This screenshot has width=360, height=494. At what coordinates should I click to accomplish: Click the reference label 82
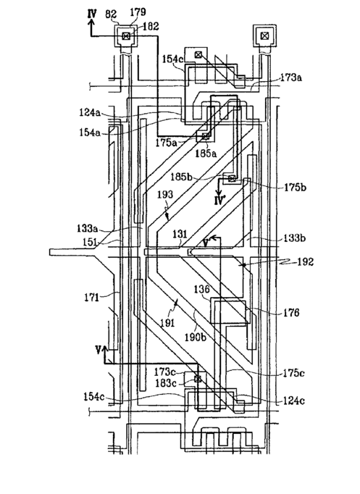coord(112,14)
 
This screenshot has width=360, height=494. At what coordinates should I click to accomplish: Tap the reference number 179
coord(138,12)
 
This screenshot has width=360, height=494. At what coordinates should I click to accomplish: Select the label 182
coord(151,26)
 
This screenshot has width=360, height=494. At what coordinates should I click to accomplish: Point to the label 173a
coord(290,78)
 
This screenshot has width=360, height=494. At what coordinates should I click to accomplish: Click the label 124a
coord(90,112)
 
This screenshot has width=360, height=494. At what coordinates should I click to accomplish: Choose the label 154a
coord(90,132)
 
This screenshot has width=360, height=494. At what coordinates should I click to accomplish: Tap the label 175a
coord(166,143)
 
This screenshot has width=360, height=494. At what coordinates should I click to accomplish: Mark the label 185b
coord(181,177)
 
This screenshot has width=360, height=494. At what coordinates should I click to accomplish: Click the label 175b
coord(295,187)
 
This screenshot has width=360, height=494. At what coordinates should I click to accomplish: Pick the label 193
coord(164,194)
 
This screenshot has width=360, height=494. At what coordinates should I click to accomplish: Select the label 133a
coord(87,228)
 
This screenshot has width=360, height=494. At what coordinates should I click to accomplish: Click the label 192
coord(306,261)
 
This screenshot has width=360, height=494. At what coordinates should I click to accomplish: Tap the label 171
coord(92,297)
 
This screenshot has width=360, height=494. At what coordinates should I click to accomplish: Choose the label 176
coord(291,312)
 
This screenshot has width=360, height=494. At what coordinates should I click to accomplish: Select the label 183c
coord(166,383)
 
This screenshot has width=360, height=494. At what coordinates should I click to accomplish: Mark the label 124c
coord(294,401)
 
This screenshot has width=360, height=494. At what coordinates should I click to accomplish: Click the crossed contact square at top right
coord(265,36)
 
